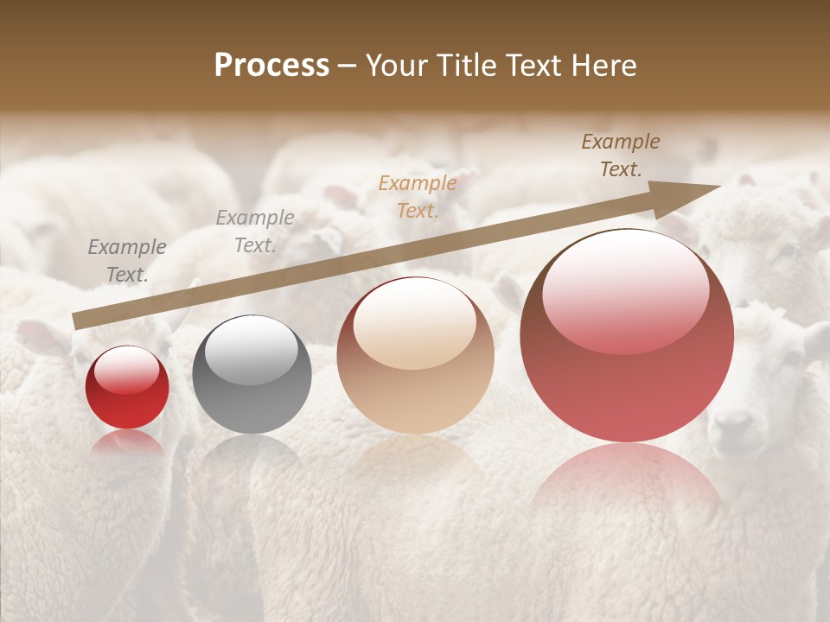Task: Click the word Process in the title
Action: (x=271, y=66)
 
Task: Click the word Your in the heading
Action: (x=395, y=66)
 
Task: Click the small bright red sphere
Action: (x=127, y=388)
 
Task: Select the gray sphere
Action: (x=252, y=374)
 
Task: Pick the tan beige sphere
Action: (x=415, y=355)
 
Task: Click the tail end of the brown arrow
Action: (x=76, y=321)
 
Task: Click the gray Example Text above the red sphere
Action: (x=127, y=260)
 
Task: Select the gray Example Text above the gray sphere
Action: (x=255, y=232)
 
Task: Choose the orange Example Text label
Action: (x=418, y=196)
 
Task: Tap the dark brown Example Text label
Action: (x=621, y=155)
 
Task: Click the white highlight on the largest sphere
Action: (x=624, y=281)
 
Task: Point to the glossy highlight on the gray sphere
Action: (x=252, y=346)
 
